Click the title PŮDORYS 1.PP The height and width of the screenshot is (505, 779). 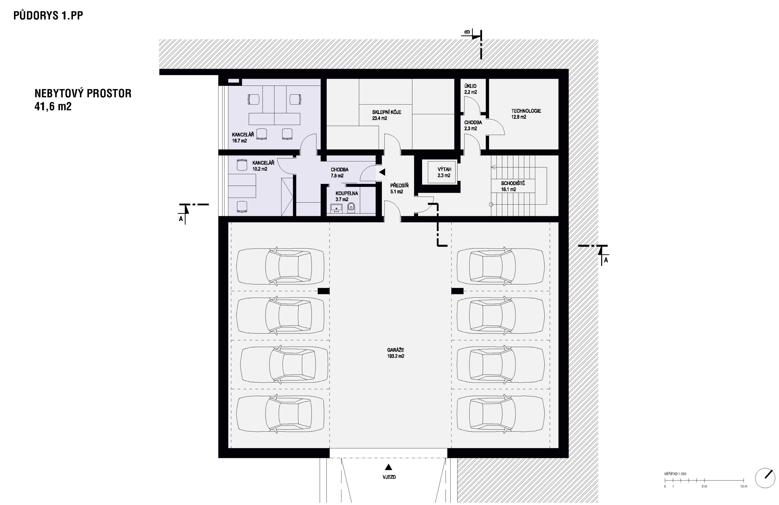[48, 16]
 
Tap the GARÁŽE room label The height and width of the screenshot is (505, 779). [395, 350]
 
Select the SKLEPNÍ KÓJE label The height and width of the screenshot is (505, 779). [386, 112]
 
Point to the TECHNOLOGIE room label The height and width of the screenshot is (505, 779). [526, 111]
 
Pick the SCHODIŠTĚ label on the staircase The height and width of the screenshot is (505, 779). [513, 183]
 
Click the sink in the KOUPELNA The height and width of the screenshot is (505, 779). [336, 207]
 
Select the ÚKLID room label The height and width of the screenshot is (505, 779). [470, 86]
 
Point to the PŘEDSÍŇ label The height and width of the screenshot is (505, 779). [399, 185]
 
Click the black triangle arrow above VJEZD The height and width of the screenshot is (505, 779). [388, 467]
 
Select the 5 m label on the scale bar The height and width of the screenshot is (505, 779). [704, 486]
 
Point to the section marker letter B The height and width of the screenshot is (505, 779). [467, 32]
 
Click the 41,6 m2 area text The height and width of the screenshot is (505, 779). [53, 106]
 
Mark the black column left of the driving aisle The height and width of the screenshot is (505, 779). [324, 291]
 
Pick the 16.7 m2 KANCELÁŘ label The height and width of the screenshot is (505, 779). [239, 141]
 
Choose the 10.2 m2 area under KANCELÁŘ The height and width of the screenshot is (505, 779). [260, 169]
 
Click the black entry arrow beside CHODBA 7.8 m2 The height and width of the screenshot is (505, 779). [382, 172]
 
